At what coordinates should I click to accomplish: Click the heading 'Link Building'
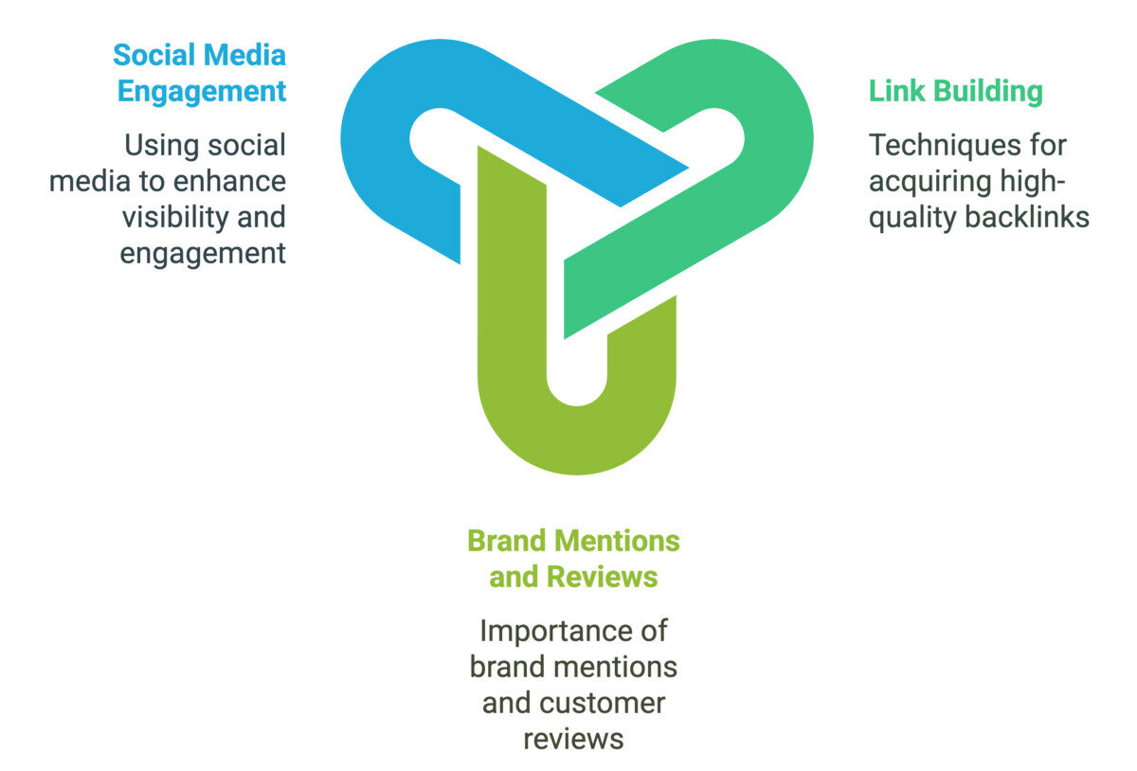click(955, 92)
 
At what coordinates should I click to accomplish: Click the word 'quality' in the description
click(913, 217)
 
